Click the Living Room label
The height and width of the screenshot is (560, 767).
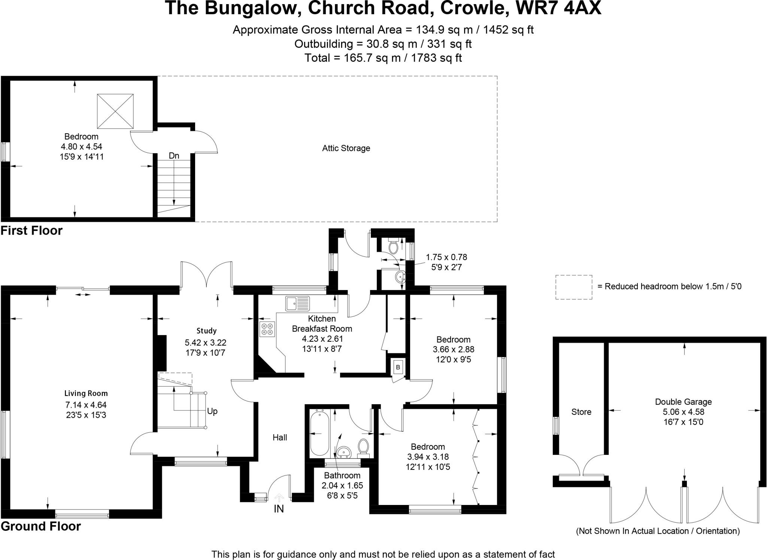(x=86, y=393)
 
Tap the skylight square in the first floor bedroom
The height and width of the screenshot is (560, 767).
(x=115, y=111)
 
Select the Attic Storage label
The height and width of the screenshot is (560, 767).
(x=346, y=148)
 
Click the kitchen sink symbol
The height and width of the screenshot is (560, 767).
(x=298, y=303)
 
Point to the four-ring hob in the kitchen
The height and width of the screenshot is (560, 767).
(x=267, y=329)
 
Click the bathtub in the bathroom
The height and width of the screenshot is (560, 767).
(x=319, y=433)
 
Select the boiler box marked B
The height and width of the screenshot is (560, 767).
(x=398, y=367)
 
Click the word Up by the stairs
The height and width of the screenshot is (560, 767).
(x=212, y=411)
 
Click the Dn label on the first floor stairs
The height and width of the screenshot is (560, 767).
(x=174, y=156)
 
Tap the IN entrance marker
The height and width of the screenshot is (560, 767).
(x=279, y=509)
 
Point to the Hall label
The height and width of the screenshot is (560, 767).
(x=280, y=438)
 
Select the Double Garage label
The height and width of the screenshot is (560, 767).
(x=683, y=402)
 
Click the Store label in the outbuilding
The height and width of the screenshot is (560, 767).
(x=581, y=412)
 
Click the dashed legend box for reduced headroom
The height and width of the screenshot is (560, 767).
(x=573, y=287)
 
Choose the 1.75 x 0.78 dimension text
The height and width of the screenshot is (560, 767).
(x=446, y=257)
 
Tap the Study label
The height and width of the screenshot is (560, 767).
(x=206, y=331)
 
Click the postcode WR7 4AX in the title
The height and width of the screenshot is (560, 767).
(x=558, y=8)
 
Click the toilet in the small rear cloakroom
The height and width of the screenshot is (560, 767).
(x=393, y=247)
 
